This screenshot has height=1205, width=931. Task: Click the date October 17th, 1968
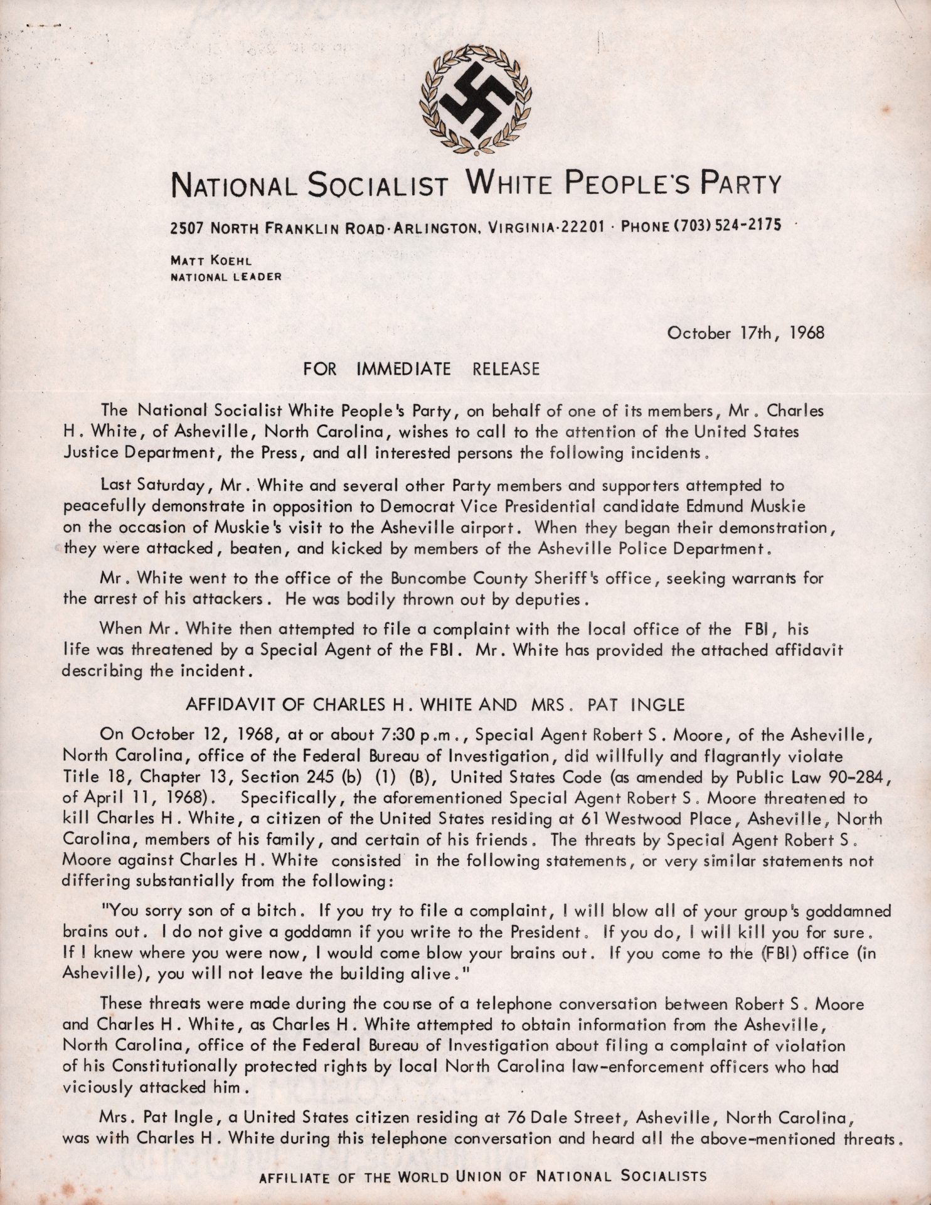[745, 333]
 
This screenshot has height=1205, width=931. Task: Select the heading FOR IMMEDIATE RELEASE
[421, 368]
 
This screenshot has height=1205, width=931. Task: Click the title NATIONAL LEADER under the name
[225, 275]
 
